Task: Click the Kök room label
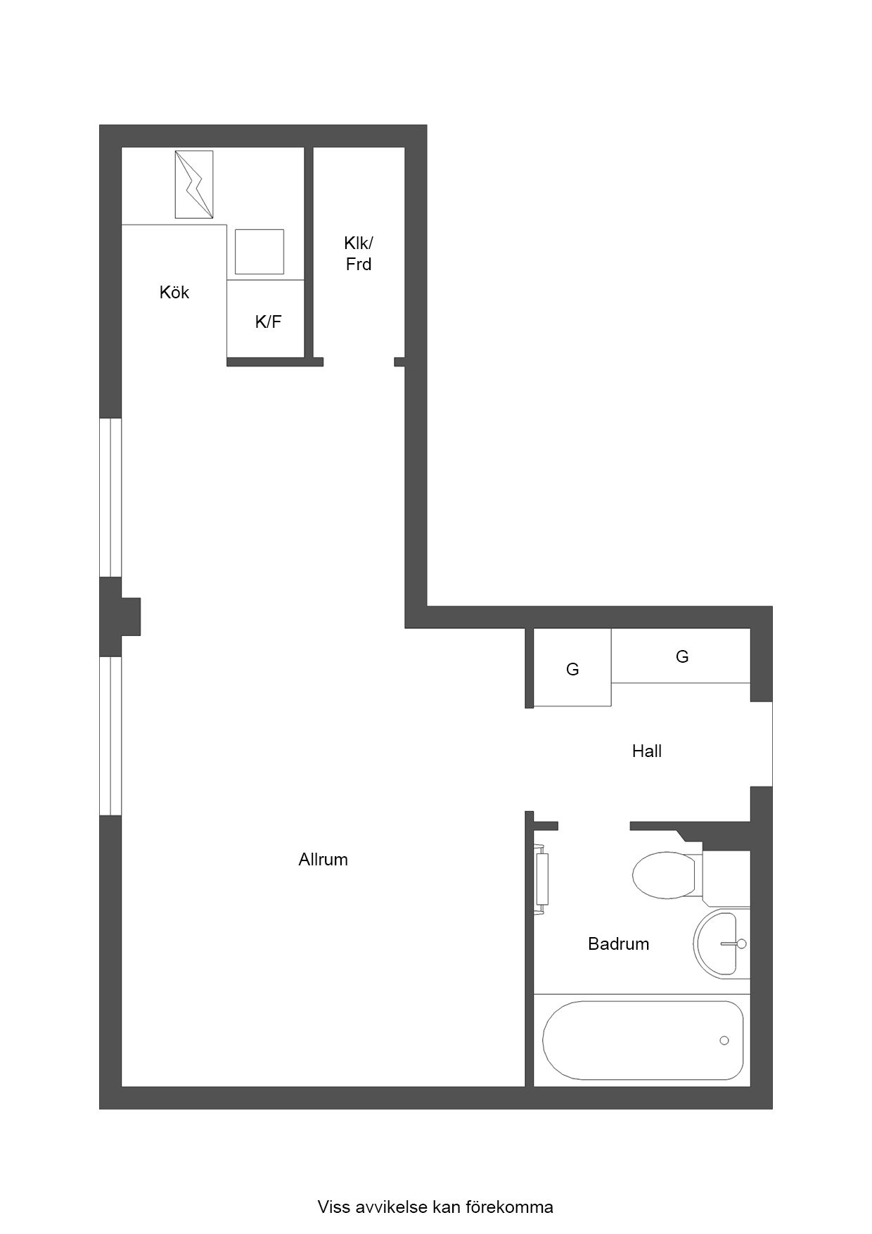(174, 293)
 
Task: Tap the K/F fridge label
(268, 322)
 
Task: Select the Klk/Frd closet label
(359, 253)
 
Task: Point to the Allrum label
(323, 860)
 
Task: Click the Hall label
(647, 751)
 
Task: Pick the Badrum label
(619, 944)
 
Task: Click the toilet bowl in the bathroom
(664, 875)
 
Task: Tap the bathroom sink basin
(720, 943)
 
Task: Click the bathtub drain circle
(724, 1041)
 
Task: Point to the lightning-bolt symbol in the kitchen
(194, 184)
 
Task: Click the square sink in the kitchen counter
(259, 251)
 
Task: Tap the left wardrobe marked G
(572, 668)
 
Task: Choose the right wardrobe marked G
(681, 656)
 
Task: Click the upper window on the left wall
(110, 498)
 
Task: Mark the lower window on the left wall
(110, 737)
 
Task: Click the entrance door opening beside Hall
(771, 744)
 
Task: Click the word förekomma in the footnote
(509, 1207)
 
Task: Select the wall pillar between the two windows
(120, 617)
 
